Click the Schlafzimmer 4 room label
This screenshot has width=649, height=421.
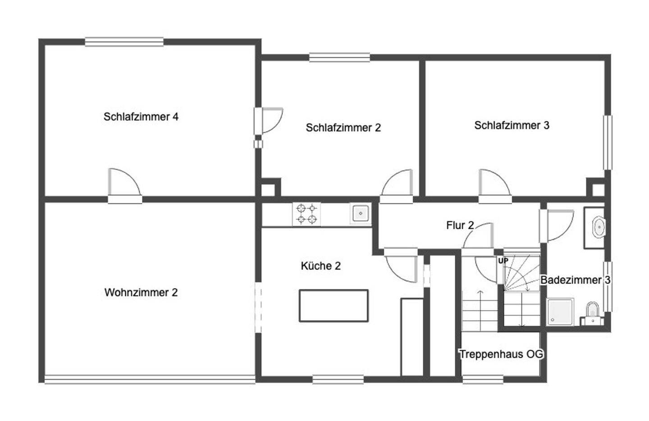tap(141, 116)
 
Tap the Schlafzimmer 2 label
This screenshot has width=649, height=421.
tap(343, 128)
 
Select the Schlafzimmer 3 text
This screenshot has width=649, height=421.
tap(512, 125)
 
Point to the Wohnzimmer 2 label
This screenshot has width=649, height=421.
tap(141, 292)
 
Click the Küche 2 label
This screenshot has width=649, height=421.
tap(321, 266)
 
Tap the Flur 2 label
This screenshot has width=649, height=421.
tap(460, 226)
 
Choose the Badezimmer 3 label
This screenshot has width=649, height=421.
tap(576, 280)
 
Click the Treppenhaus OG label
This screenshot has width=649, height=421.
tap(501, 354)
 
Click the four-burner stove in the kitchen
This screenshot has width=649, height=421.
tap(306, 214)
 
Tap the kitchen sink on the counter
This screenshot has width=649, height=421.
tap(361, 213)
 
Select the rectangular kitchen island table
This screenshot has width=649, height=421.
tap(334, 306)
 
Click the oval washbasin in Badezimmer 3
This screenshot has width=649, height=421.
tap(599, 227)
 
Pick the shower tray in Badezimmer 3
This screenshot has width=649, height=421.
tap(560, 312)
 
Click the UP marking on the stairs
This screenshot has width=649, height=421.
tap(503, 261)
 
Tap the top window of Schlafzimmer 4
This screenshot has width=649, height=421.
tap(124, 42)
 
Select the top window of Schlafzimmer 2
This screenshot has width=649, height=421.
tap(339, 57)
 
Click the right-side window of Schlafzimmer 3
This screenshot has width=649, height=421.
tap(608, 143)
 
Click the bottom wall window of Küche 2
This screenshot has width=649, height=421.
tap(338, 379)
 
